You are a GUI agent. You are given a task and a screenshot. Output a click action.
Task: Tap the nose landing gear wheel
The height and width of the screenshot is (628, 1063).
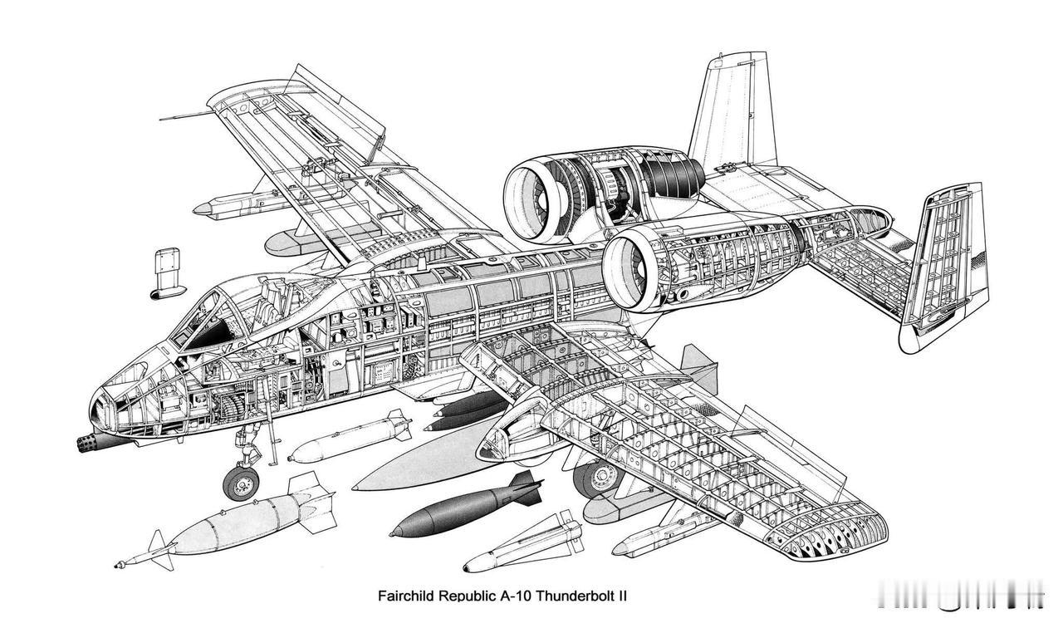point(241,483)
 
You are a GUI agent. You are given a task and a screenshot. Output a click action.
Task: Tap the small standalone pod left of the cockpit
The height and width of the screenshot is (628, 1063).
point(166,273)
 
